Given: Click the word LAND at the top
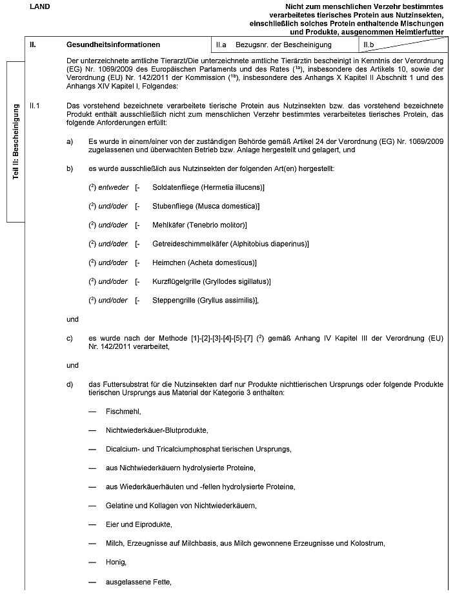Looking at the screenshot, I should click(40, 6).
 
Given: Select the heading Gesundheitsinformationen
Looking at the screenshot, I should click(113, 45).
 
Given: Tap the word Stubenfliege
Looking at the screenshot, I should click(173, 206).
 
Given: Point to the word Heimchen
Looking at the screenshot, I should click(168, 262).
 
